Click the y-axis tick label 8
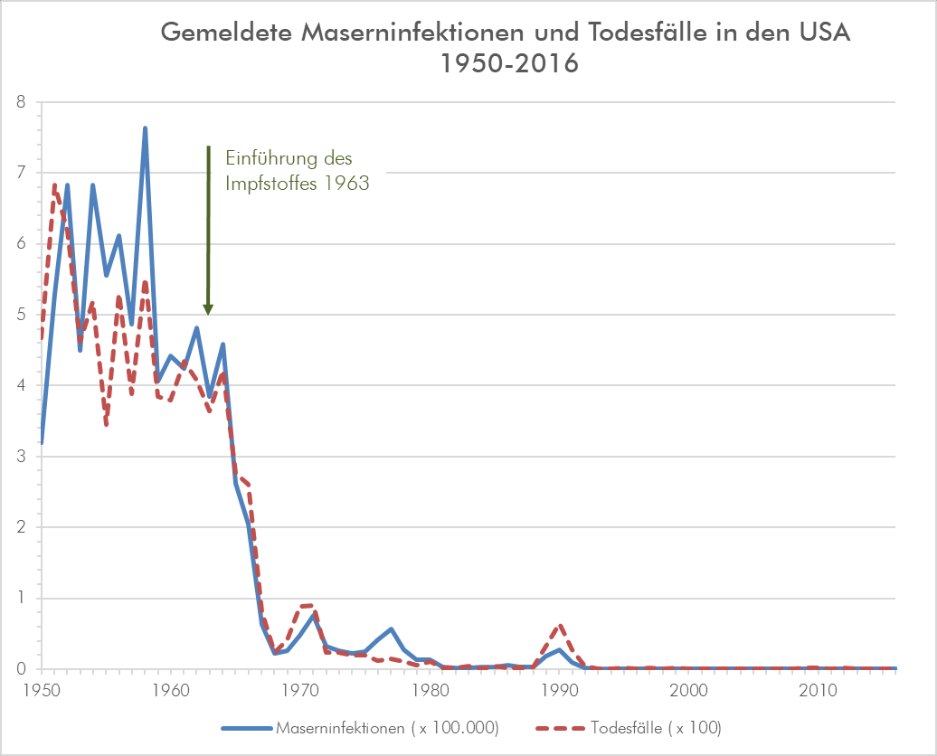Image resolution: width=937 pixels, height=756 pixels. point(20,102)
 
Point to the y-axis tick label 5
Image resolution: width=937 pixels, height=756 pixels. point(20,315)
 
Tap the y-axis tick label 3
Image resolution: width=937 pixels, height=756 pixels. point(20,457)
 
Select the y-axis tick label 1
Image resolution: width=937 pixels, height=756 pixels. point(20,599)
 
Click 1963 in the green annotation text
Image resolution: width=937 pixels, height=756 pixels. point(348,183)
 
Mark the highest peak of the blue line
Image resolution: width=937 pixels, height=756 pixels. point(145,128)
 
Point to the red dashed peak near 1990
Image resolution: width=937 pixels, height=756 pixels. point(561,626)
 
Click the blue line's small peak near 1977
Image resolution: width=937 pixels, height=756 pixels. point(392,628)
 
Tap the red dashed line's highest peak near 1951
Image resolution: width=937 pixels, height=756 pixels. point(54,185)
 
